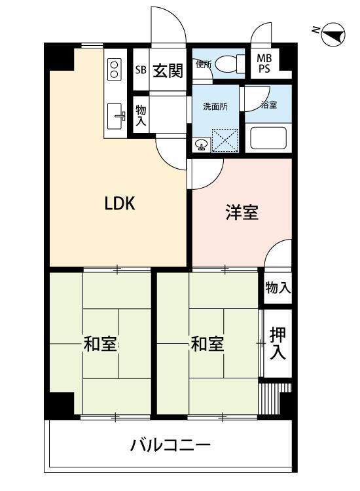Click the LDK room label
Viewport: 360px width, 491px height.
(x=120, y=204)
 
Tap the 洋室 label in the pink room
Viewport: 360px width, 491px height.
(x=242, y=213)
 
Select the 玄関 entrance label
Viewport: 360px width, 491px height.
(x=168, y=70)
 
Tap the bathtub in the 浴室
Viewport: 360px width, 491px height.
(x=269, y=137)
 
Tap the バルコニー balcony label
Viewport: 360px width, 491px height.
(x=170, y=446)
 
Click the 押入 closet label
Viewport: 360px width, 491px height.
(x=278, y=344)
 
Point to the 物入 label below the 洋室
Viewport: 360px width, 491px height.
(x=278, y=287)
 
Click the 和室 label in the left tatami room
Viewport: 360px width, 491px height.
(x=100, y=344)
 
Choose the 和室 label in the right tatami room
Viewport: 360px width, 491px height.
(x=207, y=344)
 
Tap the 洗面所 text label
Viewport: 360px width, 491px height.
(x=214, y=107)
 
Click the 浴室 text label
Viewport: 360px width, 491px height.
(x=268, y=105)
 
